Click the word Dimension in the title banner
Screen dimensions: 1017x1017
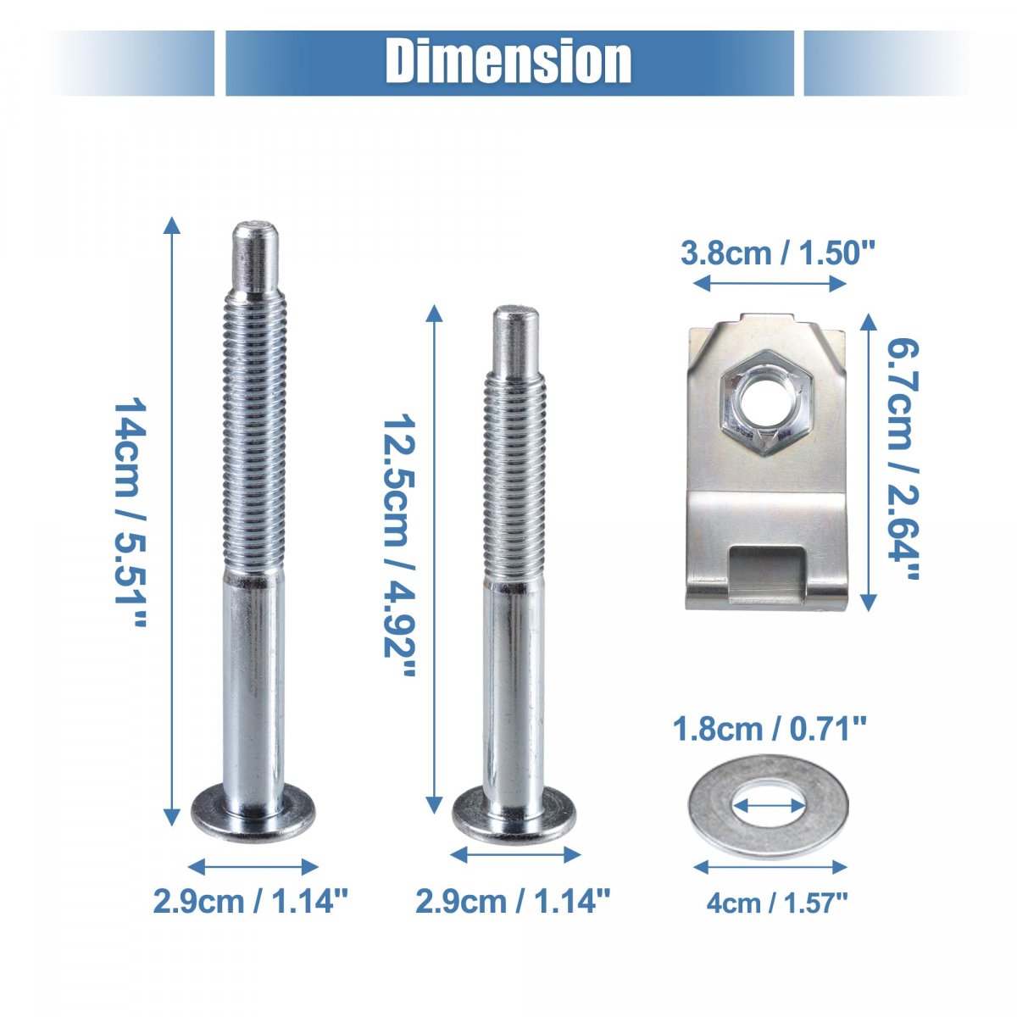coord(508,62)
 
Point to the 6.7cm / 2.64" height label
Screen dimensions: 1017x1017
coord(903,459)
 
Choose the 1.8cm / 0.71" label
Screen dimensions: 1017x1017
coord(770,730)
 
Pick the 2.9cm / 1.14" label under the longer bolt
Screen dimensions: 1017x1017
coord(251,900)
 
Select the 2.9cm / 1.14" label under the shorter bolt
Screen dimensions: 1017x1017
coord(513,900)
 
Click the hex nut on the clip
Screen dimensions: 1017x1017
coord(764,403)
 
